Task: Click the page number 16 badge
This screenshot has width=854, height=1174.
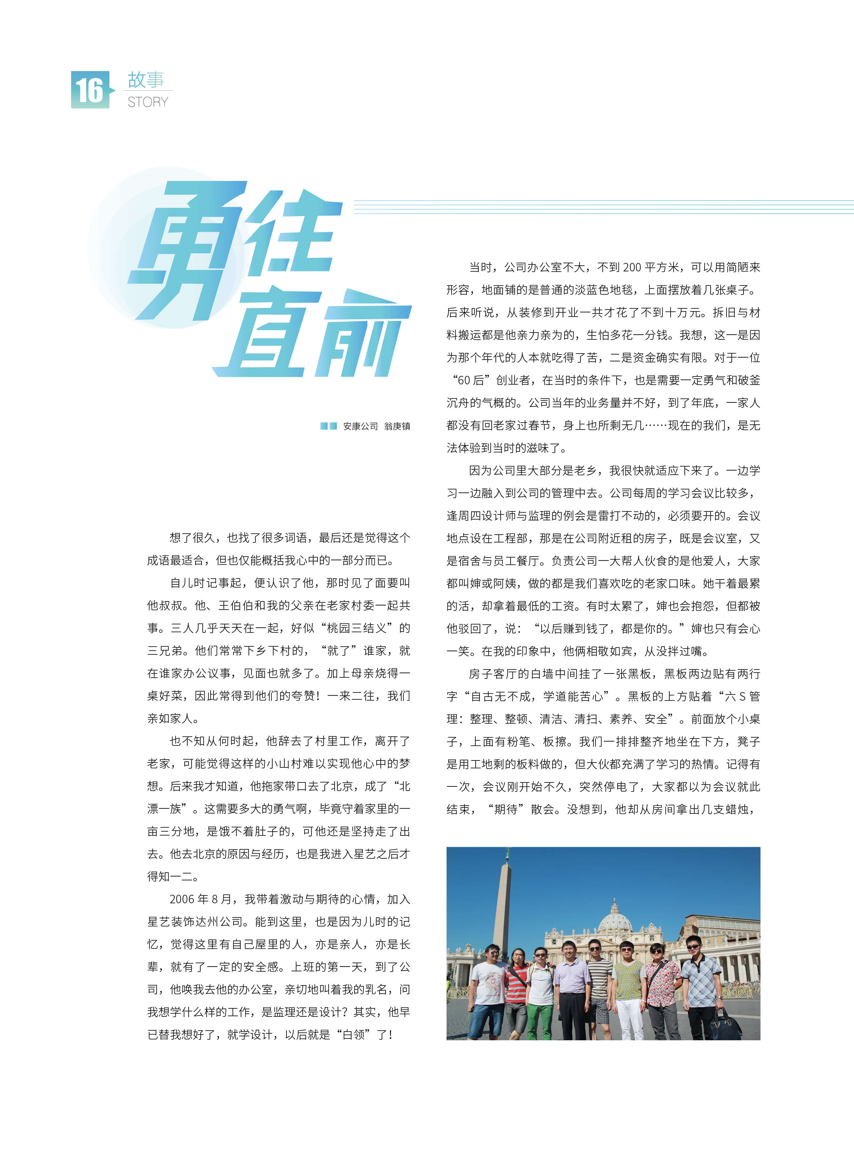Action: (x=90, y=90)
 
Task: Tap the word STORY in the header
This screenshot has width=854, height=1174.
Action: (x=148, y=102)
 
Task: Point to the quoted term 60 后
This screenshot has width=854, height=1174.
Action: (x=470, y=380)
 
